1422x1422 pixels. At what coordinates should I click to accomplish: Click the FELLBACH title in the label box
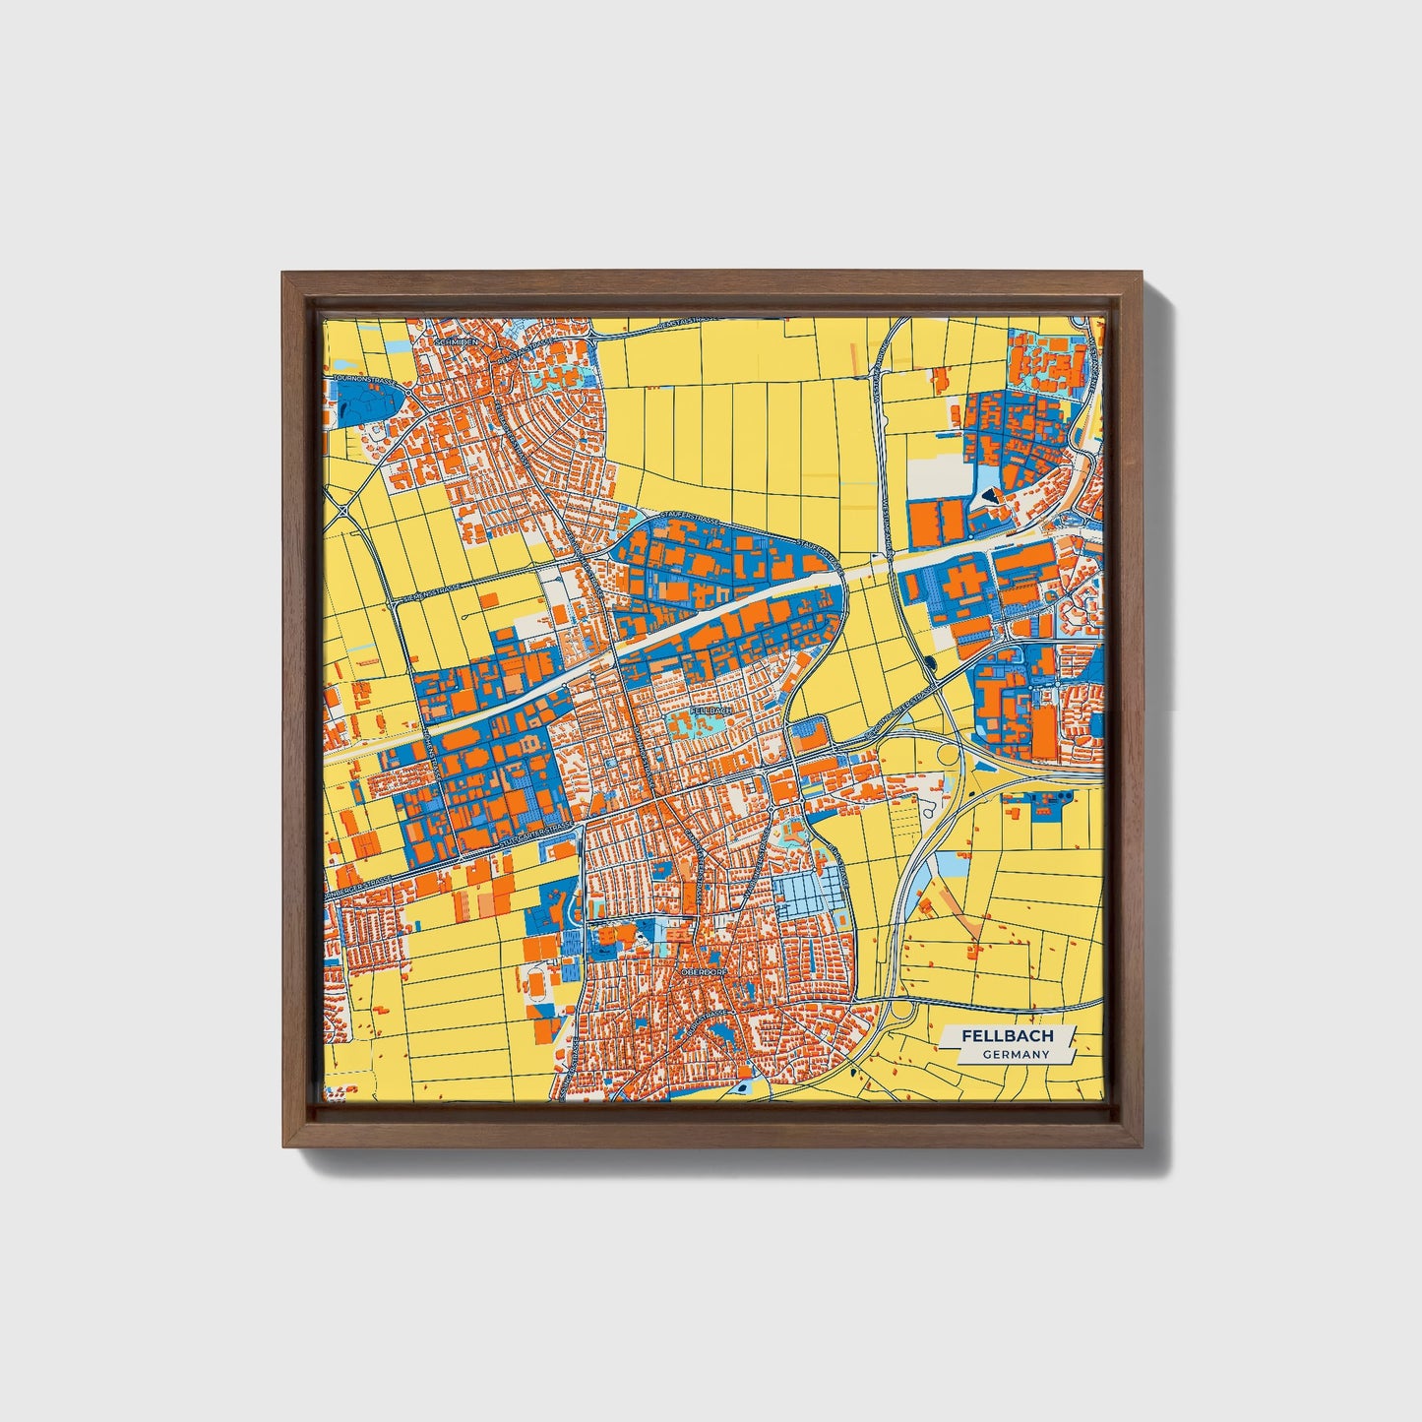(1007, 1036)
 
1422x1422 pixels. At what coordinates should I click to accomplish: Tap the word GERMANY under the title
(1015, 1055)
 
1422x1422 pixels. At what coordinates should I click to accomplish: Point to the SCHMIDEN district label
(456, 341)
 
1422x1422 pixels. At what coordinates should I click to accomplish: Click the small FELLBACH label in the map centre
(711, 710)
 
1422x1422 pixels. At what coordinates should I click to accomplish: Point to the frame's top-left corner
(282, 273)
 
